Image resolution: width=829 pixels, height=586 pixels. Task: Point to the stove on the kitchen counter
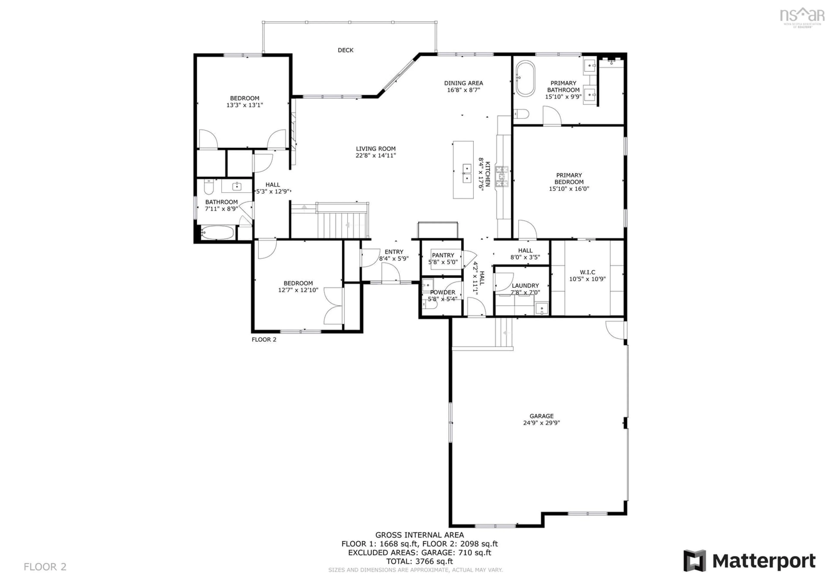click(x=502, y=177)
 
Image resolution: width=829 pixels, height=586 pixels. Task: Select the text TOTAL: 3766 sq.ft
click(x=419, y=561)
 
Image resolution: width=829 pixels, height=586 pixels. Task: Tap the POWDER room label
click(x=443, y=292)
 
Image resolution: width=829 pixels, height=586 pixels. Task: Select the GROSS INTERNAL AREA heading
click(x=419, y=535)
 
